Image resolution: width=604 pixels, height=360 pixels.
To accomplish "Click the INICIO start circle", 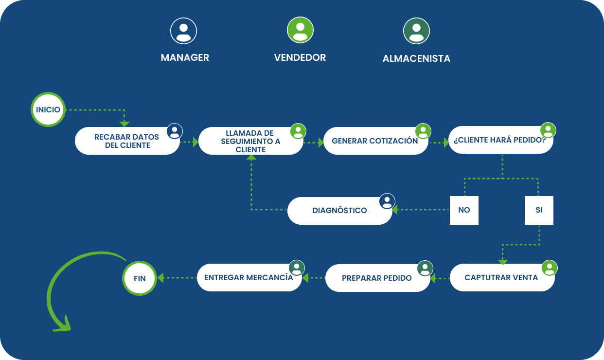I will pyautogui.click(x=48, y=109).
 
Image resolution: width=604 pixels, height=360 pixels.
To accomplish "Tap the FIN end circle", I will pyautogui.click(x=139, y=278).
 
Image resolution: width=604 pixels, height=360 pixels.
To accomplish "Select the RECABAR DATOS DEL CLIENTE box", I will pyautogui.click(x=127, y=141).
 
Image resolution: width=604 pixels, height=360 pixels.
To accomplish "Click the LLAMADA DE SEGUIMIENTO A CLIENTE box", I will pyautogui.click(x=250, y=141).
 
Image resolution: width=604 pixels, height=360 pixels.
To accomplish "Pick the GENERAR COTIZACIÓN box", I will pyautogui.click(x=375, y=141).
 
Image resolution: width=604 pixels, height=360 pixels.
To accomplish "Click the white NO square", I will pyautogui.click(x=464, y=210).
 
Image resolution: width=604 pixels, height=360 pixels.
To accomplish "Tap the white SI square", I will pyautogui.click(x=539, y=210).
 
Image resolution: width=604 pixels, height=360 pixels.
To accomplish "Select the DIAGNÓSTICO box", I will pyautogui.click(x=339, y=211).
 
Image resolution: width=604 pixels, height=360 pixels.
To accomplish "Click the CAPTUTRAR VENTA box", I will pyautogui.click(x=501, y=278).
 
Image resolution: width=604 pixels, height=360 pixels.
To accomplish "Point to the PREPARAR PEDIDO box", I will pyautogui.click(x=377, y=278).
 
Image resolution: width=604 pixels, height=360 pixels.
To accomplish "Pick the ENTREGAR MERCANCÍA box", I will pyautogui.click(x=249, y=278).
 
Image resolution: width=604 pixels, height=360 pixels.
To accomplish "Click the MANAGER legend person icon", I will pyautogui.click(x=183, y=31).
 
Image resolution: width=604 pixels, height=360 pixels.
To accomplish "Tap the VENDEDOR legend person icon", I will pyautogui.click(x=300, y=30).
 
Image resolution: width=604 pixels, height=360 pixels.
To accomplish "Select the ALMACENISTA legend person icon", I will pyautogui.click(x=416, y=31).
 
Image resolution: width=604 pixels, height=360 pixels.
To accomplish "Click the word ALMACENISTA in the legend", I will pyautogui.click(x=416, y=59).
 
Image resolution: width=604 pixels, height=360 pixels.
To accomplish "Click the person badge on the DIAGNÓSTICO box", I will pyautogui.click(x=387, y=201).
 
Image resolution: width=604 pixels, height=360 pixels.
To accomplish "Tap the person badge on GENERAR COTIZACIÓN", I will pyautogui.click(x=423, y=131).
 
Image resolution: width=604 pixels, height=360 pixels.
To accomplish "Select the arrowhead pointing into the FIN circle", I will pyautogui.click(x=160, y=278).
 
